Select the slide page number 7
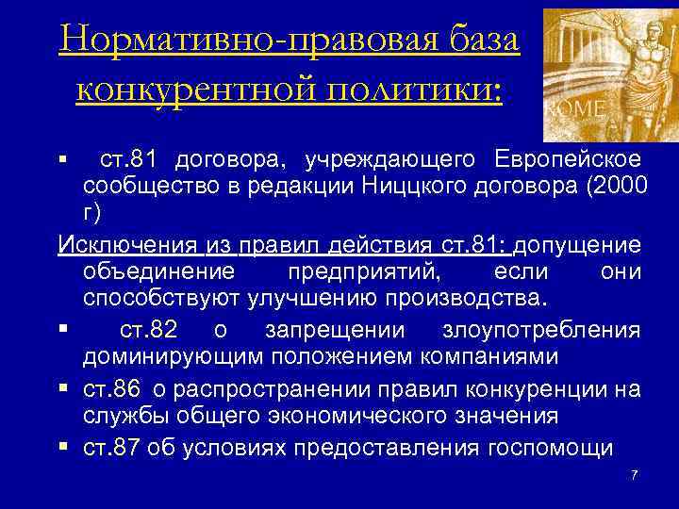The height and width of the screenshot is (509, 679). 635,473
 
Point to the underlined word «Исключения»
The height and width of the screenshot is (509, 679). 126,246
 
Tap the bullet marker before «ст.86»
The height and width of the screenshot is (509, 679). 63,388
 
